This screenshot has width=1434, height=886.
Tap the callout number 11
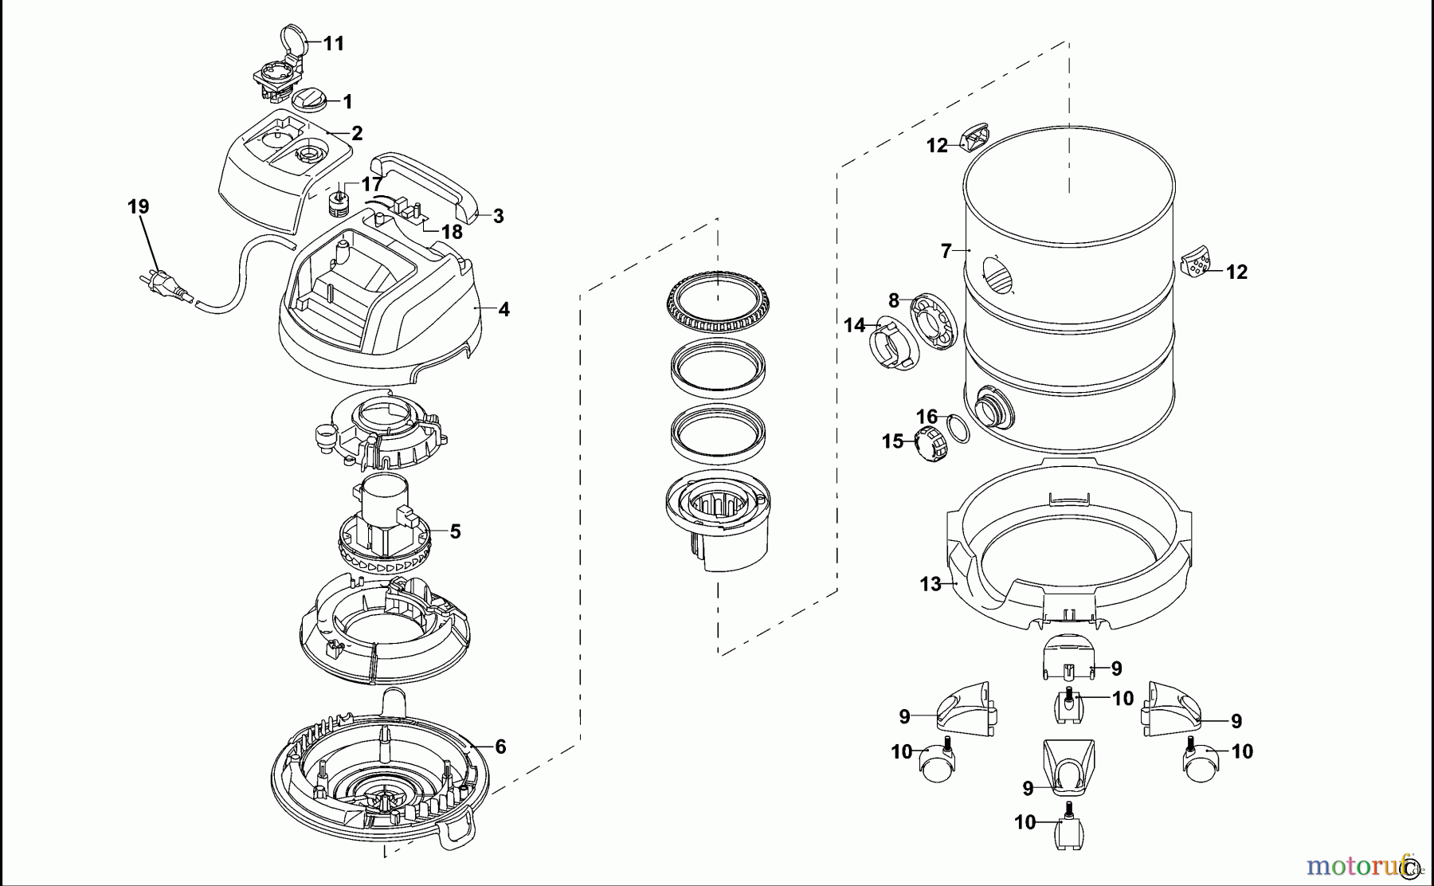(x=334, y=43)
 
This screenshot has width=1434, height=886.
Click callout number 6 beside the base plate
(x=500, y=747)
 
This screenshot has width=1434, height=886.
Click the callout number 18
(x=452, y=232)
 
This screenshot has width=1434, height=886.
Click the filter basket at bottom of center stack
(x=718, y=522)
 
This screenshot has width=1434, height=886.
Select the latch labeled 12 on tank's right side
(x=1193, y=261)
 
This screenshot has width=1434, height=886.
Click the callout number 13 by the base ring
(x=930, y=584)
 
